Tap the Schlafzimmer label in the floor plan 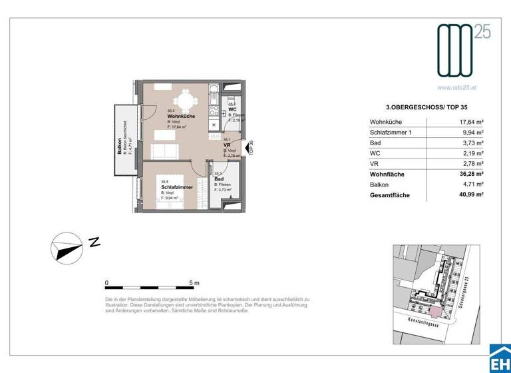click(177, 188)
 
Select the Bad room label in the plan click(219, 179)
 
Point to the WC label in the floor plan click(233, 110)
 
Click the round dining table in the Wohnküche click(186, 102)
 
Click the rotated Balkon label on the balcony click(120, 144)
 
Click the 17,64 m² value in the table click(472, 122)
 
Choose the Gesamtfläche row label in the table click(390, 196)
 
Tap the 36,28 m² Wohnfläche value click(472, 175)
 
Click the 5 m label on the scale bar click(194, 283)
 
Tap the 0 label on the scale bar click(107, 283)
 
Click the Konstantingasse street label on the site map click(417, 321)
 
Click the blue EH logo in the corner click(499, 360)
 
